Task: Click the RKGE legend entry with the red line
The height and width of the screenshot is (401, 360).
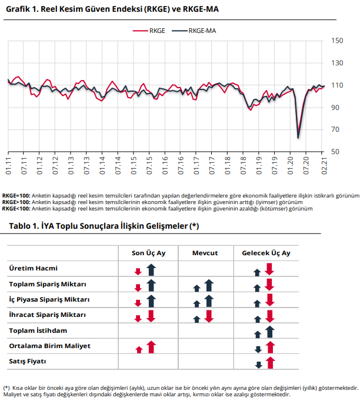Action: click(x=149, y=31)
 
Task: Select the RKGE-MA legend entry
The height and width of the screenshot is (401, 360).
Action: click(x=194, y=31)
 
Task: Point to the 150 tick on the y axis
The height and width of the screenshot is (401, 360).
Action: click(x=337, y=41)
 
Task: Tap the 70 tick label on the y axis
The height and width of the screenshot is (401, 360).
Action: click(x=335, y=129)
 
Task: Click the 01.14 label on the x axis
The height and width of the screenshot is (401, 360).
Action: click(x=102, y=165)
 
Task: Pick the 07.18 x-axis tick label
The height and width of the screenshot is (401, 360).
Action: click(x=244, y=165)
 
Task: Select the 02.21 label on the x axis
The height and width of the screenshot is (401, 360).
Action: click(x=324, y=165)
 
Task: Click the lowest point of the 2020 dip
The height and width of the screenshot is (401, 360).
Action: click(x=298, y=138)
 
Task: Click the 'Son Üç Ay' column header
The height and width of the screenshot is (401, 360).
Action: click(x=148, y=253)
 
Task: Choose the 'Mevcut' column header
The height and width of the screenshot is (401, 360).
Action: click(x=205, y=253)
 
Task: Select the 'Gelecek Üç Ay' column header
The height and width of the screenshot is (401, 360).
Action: click(x=266, y=253)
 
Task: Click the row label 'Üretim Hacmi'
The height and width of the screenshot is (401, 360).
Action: click(x=34, y=268)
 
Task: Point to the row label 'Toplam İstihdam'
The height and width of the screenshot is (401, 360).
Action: click(x=38, y=330)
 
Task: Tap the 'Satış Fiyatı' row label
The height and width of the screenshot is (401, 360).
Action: click(x=28, y=362)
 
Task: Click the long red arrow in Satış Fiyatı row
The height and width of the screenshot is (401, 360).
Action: click(x=270, y=363)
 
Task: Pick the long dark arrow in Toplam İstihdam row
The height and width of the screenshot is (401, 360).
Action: click(x=270, y=332)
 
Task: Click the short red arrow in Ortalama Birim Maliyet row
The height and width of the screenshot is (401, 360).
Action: click(x=139, y=350)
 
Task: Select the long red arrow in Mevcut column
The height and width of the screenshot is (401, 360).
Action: click(x=209, y=316)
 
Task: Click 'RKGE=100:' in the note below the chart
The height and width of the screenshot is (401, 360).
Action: click(x=16, y=196)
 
